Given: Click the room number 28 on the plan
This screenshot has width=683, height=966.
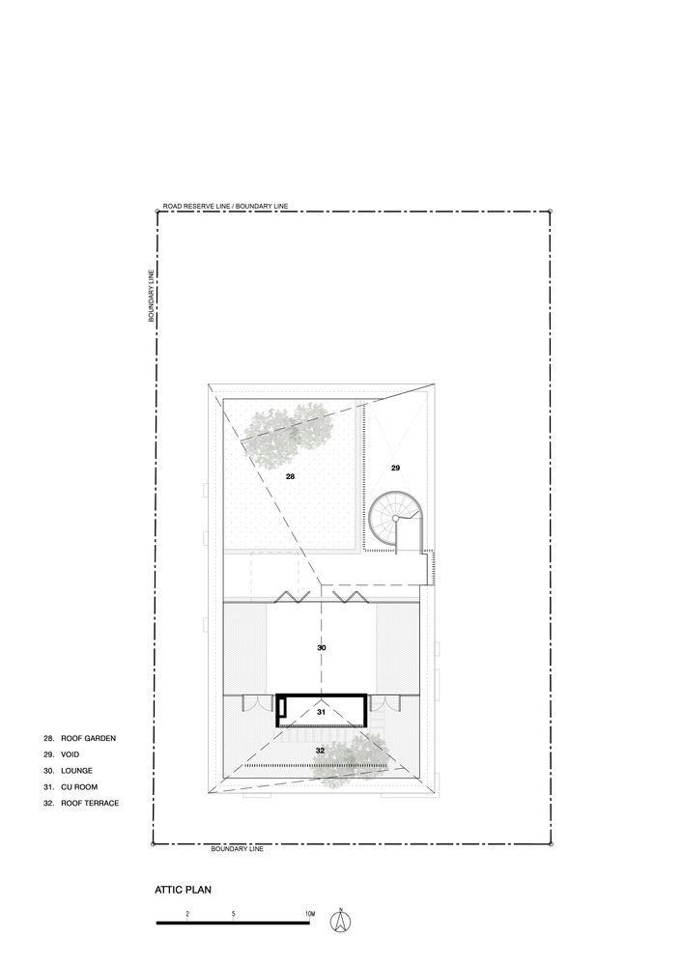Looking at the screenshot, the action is [290, 476].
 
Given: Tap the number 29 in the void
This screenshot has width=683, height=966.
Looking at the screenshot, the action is [395, 469].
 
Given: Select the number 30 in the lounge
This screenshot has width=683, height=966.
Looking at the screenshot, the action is [322, 647].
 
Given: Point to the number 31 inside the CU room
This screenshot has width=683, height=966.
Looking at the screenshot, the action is [321, 712].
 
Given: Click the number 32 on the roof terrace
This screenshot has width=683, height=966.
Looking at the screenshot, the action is [320, 751].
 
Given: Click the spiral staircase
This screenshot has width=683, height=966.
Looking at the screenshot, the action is [395, 519].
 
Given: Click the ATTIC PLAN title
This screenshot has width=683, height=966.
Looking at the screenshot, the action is [183, 890].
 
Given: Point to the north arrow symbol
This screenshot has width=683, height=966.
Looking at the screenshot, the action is [339, 921].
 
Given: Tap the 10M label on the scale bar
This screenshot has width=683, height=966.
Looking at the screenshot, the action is [310, 914].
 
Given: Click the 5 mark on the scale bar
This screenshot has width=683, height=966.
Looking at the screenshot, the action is [234, 914].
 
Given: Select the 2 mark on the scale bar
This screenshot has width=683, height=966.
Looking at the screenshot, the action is [187, 914].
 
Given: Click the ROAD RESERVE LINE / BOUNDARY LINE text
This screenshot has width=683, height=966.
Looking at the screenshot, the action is [225, 207].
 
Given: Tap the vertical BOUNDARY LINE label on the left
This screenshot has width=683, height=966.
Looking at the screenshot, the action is [151, 296].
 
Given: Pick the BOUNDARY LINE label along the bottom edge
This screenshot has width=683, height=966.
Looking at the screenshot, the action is [237, 849].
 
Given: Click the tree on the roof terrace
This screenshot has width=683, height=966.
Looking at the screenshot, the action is [351, 764].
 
